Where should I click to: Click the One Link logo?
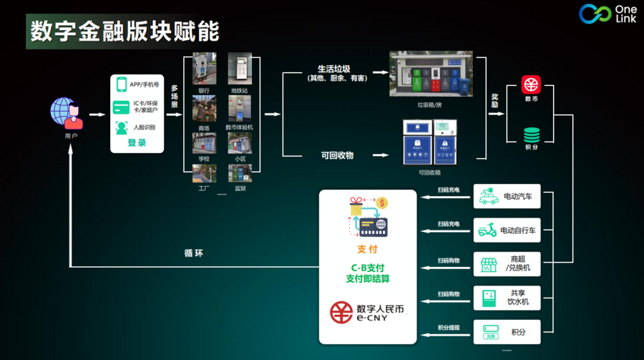pyautogui.click(x=605, y=13)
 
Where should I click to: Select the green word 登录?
pyautogui.click(x=137, y=142)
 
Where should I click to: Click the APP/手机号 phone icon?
pyautogui.click(x=122, y=84)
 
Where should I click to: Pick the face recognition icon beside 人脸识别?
pyautogui.click(x=122, y=127)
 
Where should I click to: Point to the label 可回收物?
pyautogui.click(x=337, y=155)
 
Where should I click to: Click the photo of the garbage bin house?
pyautogui.click(x=431, y=74)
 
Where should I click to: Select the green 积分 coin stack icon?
pyautogui.click(x=531, y=135)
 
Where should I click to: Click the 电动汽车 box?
pyautogui.click(x=507, y=196)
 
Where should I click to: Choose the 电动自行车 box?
pyautogui.click(x=507, y=230)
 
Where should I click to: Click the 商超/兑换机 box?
pyautogui.click(x=507, y=264)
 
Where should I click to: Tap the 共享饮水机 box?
pyautogui.click(x=507, y=298)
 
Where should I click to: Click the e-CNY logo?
pyautogui.click(x=367, y=312)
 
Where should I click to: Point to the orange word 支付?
pyautogui.click(x=366, y=250)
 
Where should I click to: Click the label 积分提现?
pyautogui.click(x=449, y=327)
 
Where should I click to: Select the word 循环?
pyautogui.click(x=193, y=253)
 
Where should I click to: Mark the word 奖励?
pyautogui.click(x=494, y=100)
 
